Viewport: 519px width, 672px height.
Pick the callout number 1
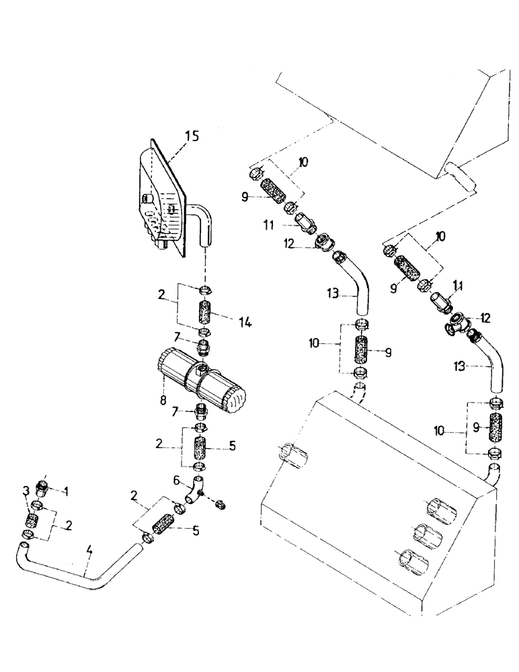67,491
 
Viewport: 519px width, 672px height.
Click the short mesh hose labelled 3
30,521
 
